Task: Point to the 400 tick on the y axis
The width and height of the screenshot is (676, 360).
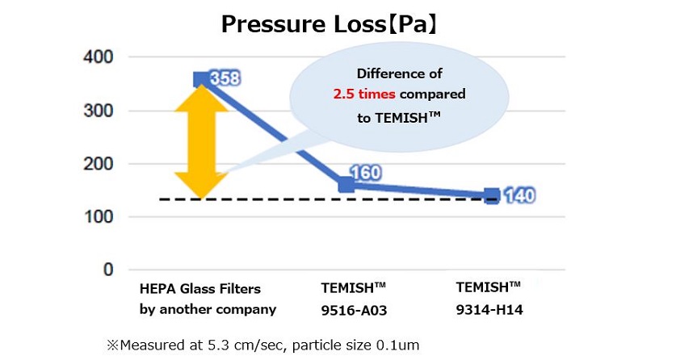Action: point(97,57)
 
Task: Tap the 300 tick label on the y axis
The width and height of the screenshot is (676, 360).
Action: point(97,111)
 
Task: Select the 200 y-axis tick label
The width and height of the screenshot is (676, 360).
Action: point(97,164)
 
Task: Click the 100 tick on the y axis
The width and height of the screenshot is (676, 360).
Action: point(97,217)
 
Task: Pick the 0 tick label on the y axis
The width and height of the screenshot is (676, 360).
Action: point(107,270)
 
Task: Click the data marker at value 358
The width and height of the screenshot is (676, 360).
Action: point(201,79)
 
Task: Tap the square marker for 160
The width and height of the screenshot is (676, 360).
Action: point(346,185)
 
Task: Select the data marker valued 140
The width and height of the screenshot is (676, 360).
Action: point(491,195)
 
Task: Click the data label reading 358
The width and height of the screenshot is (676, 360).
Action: point(226,79)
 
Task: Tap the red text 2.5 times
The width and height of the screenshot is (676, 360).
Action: point(364,94)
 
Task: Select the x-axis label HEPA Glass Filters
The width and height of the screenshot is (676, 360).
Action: point(200,288)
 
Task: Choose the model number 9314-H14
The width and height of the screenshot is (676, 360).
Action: point(488,308)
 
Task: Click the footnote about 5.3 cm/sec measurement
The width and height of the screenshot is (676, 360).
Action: point(262,345)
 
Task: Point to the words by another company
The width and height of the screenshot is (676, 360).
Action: point(208,308)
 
